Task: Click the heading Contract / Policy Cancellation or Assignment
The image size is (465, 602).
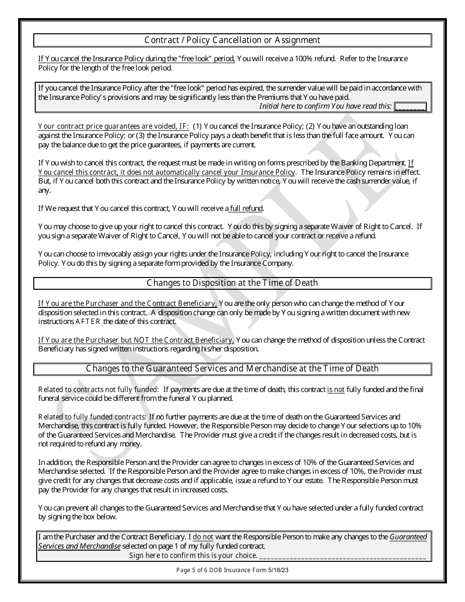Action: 232,40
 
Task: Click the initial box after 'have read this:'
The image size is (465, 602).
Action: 410,106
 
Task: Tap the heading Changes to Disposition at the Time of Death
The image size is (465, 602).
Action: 232,283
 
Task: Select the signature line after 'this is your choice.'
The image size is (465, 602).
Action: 343,556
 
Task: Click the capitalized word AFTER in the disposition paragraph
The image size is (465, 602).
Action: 88,322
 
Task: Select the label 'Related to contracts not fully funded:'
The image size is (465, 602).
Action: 98,390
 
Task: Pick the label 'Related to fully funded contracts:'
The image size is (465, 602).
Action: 93,417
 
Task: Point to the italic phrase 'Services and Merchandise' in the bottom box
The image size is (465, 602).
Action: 79,546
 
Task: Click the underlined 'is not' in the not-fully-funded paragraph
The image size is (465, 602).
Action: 336,390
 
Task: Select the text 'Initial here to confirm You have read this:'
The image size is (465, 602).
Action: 325,106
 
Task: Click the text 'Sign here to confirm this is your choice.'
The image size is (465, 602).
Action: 193,556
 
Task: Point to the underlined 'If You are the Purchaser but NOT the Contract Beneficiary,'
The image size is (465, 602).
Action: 136,340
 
